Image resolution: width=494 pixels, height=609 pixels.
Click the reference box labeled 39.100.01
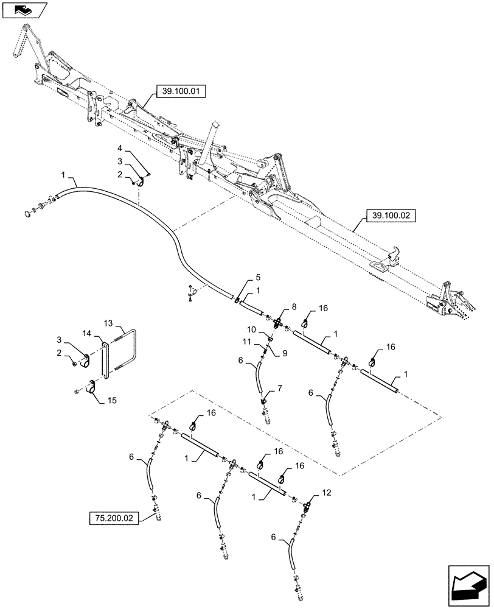(x=181, y=92)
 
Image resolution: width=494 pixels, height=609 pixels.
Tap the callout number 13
(x=108, y=323)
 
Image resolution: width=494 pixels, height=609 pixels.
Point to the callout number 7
(x=280, y=388)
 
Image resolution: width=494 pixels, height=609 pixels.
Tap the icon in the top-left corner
(x=24, y=9)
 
